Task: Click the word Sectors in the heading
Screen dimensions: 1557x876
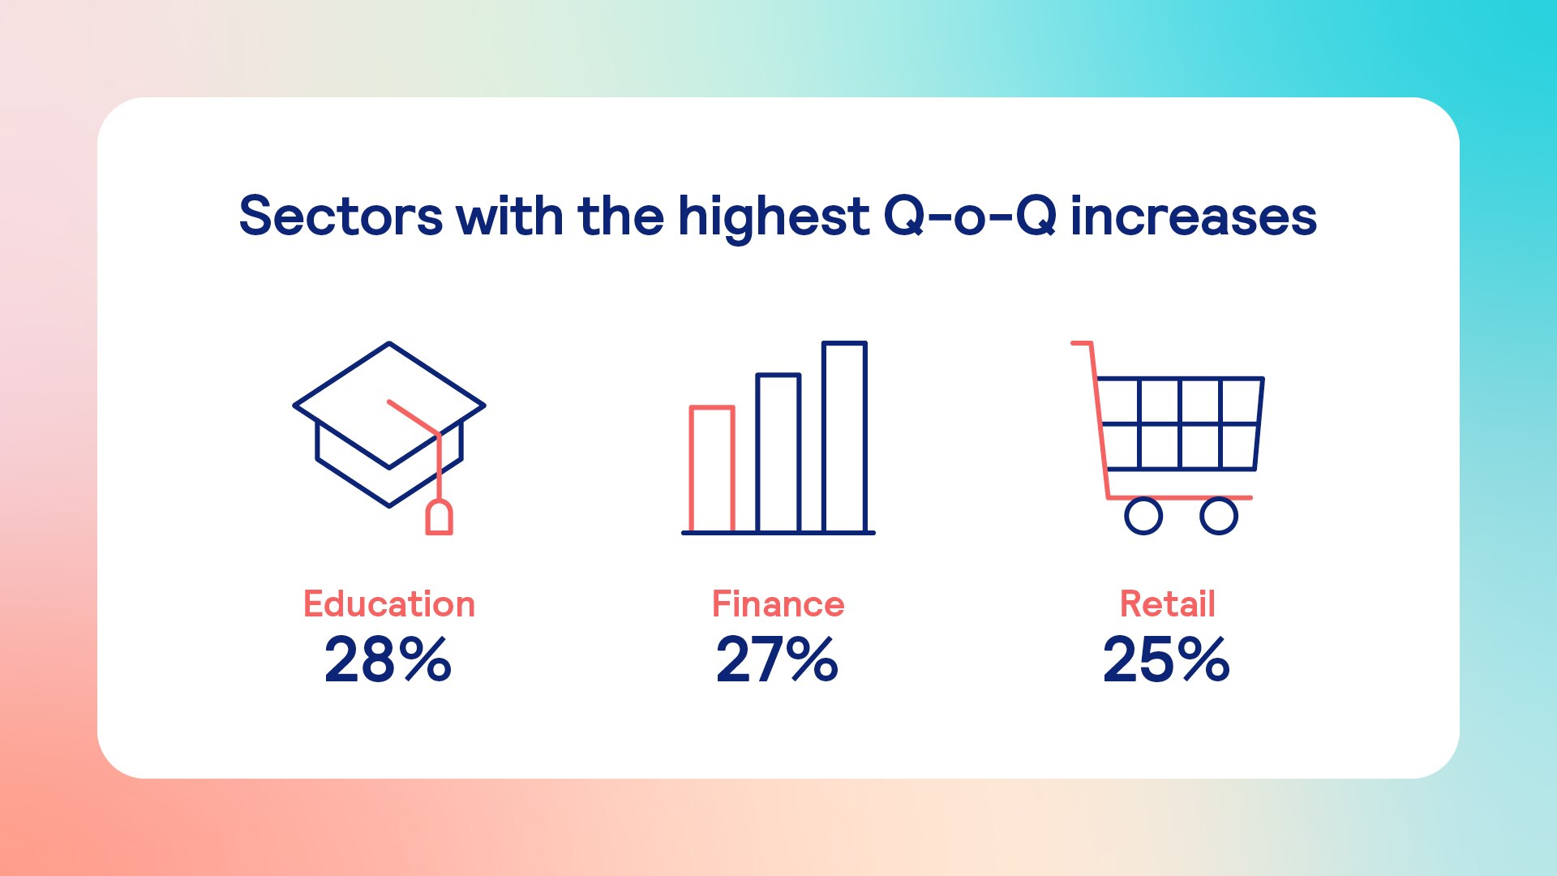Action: coord(341,217)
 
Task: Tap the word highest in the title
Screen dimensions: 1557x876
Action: coord(774,217)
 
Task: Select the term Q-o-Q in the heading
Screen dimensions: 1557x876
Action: coord(970,217)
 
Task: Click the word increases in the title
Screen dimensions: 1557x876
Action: coord(1194,217)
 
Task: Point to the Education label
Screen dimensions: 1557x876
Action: coord(389,604)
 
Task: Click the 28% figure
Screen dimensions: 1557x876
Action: coord(388,659)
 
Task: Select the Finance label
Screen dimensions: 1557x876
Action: coord(778,604)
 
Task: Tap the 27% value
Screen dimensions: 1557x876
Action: coord(777,659)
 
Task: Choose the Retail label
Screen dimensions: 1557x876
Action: coord(1168,604)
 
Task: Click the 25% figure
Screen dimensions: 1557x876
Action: coord(1166,659)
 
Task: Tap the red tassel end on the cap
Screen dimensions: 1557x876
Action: coord(440,518)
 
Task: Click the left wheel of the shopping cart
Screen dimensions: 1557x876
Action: coord(1143,516)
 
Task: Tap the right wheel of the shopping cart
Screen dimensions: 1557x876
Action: coord(1219,516)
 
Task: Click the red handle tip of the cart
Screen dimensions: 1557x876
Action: coord(1074,343)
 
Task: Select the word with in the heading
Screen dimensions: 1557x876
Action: coord(510,217)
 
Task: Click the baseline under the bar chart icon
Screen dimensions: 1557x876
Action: coord(778,533)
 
